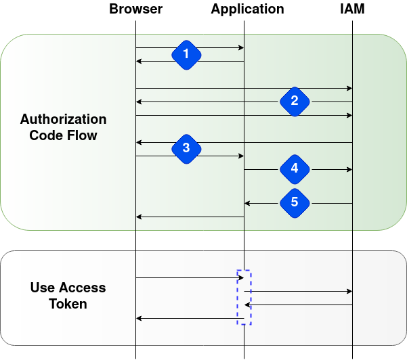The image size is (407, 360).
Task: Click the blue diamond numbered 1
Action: [186, 55]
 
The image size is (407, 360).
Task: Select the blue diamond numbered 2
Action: [294, 102]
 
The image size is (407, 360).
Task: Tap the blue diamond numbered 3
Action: [186, 148]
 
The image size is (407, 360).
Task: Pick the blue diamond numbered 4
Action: [294, 168]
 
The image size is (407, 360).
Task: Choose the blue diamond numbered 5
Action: [294, 202]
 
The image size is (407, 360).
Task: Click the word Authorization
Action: [63, 120]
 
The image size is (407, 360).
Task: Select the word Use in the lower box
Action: [42, 288]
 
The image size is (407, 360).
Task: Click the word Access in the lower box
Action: [82, 288]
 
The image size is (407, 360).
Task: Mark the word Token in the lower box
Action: [68, 304]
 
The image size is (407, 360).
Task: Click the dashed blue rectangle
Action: [244, 297]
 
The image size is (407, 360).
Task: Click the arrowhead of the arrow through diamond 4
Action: [349, 169]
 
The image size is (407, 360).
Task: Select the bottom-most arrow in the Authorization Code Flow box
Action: [190, 217]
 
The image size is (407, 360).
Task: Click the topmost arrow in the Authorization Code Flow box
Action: [190, 47]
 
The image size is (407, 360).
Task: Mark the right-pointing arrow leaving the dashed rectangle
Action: [301, 291]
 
